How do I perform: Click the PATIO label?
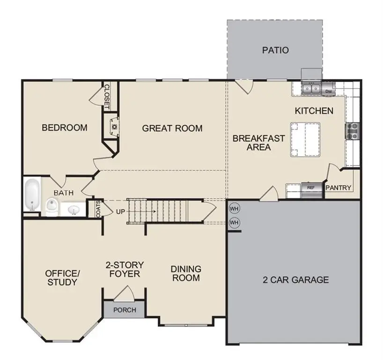point(275,50)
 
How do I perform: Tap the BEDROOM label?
point(65,127)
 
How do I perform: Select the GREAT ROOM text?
point(172,128)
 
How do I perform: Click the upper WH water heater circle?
point(234,208)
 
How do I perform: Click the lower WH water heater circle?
point(234,222)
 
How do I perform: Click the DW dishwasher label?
point(328,92)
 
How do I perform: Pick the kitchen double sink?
point(310,88)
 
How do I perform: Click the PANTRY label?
point(338,187)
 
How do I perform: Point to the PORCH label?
point(125,310)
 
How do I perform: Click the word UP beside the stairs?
point(120,212)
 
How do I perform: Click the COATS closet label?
point(98,209)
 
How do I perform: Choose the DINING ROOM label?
point(185,273)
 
